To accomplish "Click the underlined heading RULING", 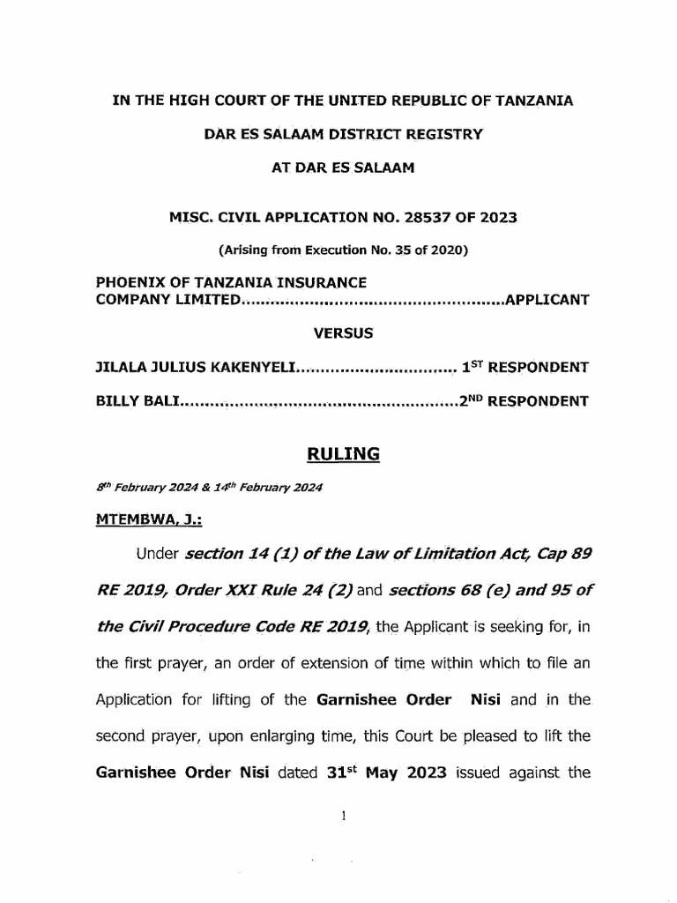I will point(343,454).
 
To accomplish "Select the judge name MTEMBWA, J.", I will point(148,520).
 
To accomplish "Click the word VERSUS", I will point(343,333).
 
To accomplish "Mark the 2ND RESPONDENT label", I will point(524,401).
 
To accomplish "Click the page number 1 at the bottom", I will point(343,817).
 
